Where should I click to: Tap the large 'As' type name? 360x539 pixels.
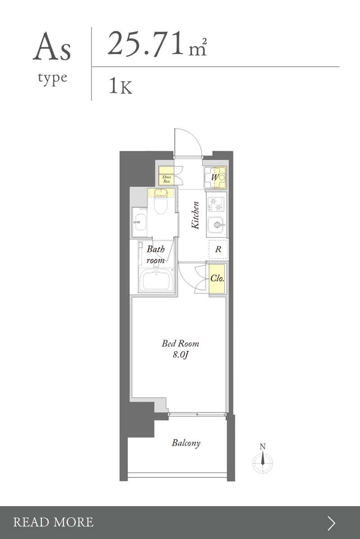point(52,47)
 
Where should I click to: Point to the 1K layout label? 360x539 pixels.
point(120,86)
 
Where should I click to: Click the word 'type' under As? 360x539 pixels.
point(52,78)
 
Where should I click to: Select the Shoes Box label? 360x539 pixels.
point(167,179)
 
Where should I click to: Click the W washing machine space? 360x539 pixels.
point(215,178)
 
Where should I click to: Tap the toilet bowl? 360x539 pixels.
point(160,203)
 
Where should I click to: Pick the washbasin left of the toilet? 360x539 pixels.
point(139,222)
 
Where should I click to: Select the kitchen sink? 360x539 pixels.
point(217,225)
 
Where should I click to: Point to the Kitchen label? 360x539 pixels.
point(195,215)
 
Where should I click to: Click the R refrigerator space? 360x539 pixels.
point(218,249)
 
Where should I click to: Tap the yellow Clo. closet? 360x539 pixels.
point(217,278)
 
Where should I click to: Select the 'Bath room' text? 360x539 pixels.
point(156,254)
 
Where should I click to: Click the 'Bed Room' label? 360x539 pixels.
point(181,344)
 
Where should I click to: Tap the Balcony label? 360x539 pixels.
point(186,443)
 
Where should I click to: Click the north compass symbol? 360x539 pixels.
point(263,459)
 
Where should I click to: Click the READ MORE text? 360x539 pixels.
point(53,522)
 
